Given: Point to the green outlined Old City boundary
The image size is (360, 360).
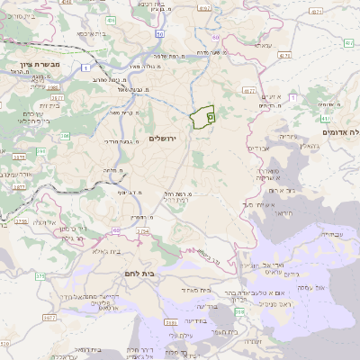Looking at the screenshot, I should pyautogui.click(x=204, y=116).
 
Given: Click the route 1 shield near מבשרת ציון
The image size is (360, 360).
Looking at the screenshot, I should pyautogui.click(x=84, y=68).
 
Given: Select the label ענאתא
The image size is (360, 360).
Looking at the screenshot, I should pyautogui.click(x=262, y=45).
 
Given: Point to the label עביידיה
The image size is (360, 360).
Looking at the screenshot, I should pyautogui.click(x=330, y=234).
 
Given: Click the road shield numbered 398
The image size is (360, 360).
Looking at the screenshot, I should pyautogui.click(x=238, y=311).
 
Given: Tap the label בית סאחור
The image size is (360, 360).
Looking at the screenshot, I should pyautogui.click(x=195, y=290).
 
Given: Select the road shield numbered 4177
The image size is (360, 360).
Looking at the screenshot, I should pyautogui.click(x=250, y=91).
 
